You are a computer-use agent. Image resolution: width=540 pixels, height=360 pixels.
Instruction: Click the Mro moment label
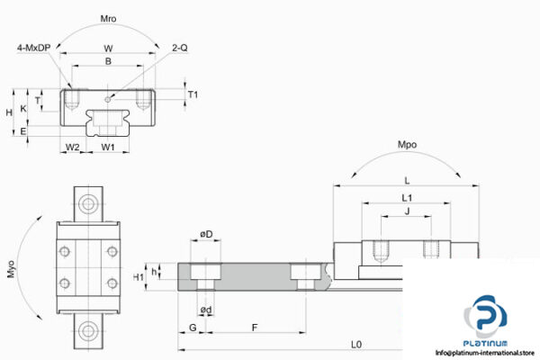click(x=108, y=18)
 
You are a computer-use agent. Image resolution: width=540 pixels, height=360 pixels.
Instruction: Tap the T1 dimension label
click(x=193, y=94)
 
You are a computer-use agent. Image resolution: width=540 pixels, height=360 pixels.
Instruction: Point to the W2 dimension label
click(x=73, y=147)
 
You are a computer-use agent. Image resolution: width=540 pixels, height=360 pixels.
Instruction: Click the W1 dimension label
click(x=108, y=147)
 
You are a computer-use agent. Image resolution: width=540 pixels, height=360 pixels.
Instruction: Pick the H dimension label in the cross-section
click(x=8, y=112)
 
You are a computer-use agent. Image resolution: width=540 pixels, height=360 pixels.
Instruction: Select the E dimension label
click(x=22, y=131)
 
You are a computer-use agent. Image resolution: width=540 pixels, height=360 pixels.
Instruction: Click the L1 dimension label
click(x=407, y=197)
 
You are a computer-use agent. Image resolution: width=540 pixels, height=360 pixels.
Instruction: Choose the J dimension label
click(x=407, y=212)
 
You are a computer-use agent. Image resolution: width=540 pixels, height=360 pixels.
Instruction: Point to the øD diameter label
click(x=206, y=236)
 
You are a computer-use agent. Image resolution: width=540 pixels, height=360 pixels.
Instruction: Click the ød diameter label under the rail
click(x=206, y=310)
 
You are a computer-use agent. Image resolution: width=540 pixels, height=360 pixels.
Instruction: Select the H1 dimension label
click(x=139, y=277)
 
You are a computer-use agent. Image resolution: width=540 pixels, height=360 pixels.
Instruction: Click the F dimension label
click(x=256, y=328)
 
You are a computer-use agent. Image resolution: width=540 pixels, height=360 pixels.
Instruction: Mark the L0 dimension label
click(x=355, y=345)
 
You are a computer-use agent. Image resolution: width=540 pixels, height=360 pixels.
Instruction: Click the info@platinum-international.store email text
click(x=481, y=353)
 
